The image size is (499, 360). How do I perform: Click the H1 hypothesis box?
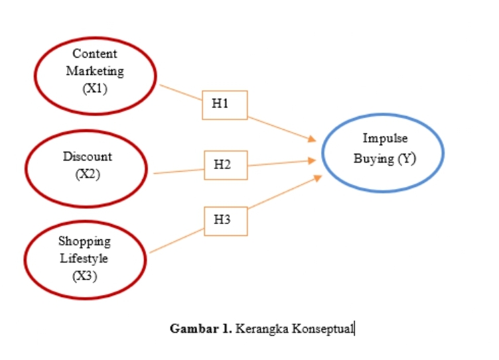pos(224,105)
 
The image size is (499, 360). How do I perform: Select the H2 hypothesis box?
pos(224,165)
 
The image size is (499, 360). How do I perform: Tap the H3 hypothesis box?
pos(224,221)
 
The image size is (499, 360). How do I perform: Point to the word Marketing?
pos(95,71)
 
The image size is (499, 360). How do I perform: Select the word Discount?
pos(88,157)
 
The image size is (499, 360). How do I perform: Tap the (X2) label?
pos(88,176)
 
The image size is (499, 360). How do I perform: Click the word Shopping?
pos(84,241)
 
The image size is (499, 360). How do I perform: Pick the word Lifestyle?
pos(84,258)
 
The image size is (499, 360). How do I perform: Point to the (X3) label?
pos(84,276)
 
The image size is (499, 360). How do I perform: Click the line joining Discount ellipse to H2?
pos(178,172)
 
